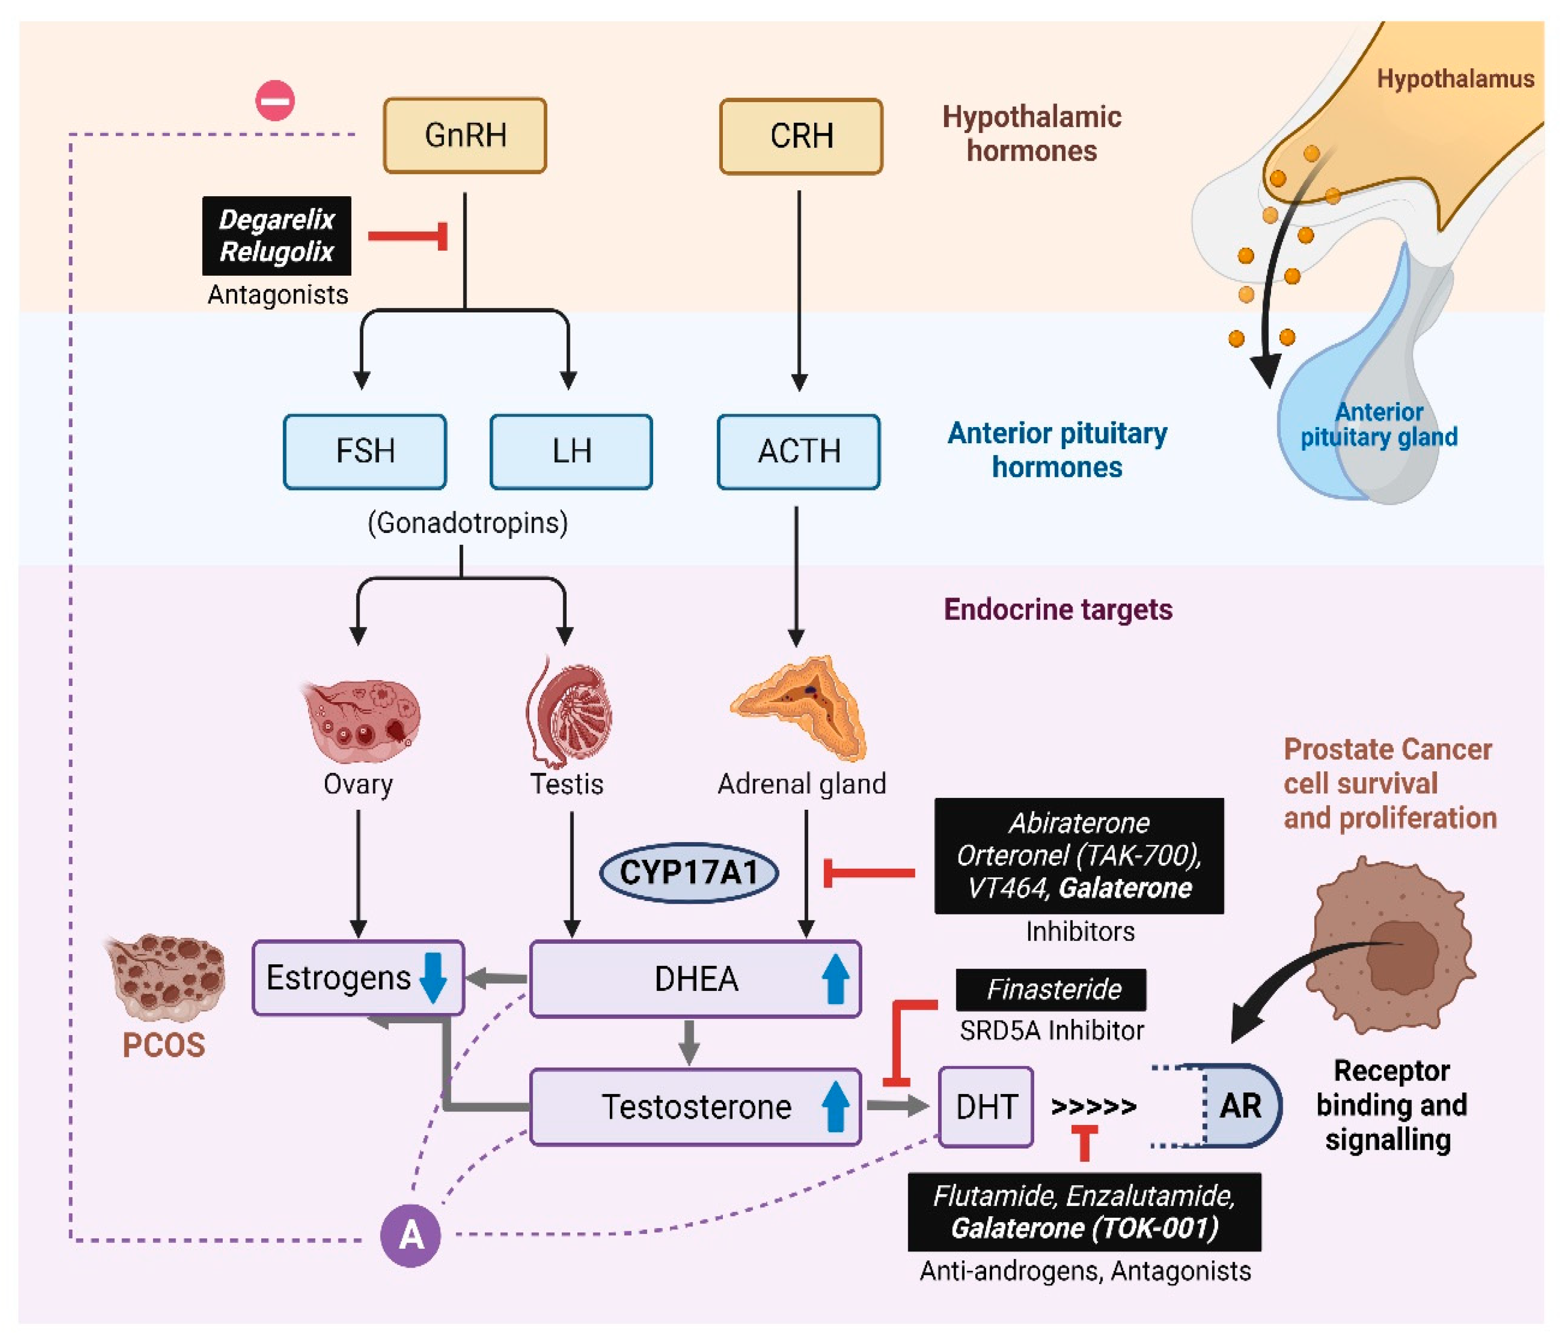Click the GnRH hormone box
[464, 136]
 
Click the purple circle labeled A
[410, 1235]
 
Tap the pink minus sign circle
[275, 101]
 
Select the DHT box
[986, 1106]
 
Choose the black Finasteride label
[1051, 989]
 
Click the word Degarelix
[276, 219]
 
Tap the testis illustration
[569, 712]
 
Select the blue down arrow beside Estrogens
[433, 977]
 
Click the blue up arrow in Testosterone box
[835, 1106]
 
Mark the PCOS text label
[164, 1045]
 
